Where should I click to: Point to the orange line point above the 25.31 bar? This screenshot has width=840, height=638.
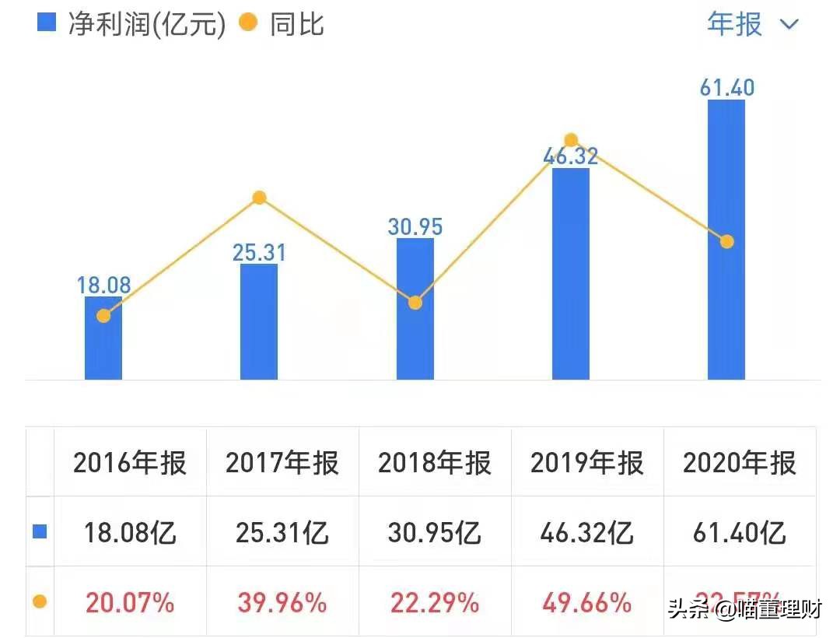[260, 198]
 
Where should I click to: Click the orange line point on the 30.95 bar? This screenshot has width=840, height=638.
[415, 303]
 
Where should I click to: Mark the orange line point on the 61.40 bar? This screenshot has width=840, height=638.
[726, 241]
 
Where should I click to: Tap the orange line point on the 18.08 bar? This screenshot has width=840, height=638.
[103, 316]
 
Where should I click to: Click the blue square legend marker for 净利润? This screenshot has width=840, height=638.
[47, 23]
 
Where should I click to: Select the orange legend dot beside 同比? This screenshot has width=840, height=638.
[247, 23]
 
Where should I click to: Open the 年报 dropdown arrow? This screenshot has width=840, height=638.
[789, 25]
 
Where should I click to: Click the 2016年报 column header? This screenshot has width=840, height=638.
[130, 463]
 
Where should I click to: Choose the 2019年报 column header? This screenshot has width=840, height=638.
[587, 463]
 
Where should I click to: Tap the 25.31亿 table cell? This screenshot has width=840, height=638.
[282, 533]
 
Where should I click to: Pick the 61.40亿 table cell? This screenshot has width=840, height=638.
[740, 533]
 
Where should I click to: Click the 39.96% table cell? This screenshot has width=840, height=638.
[282, 602]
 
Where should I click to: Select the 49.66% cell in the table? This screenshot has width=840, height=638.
[587, 602]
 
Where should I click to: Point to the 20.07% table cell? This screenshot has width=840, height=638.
[130, 602]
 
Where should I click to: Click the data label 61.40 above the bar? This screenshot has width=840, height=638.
[727, 87]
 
